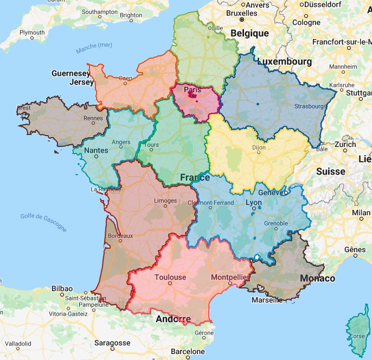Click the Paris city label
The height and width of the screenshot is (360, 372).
tap(193, 89)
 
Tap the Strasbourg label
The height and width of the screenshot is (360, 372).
tap(309, 106)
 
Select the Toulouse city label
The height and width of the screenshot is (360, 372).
tap(170, 277)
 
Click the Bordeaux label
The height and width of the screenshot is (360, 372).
tap(120, 236)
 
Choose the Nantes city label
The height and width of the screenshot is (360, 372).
tap(96, 150)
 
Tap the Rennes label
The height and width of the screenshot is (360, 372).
tap(93, 118)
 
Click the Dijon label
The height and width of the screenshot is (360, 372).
tap(260, 147)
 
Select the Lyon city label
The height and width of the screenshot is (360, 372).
tap(254, 202)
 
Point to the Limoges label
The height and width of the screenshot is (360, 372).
tap(165, 201)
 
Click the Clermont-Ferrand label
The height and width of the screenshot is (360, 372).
tap(210, 203)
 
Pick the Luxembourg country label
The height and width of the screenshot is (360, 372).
tap(285, 62)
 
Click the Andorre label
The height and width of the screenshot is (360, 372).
tap(173, 318)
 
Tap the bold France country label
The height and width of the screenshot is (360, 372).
tap(195, 177)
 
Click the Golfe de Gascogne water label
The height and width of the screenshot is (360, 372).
tap(43, 222)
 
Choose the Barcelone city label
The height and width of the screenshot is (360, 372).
tap(188, 351)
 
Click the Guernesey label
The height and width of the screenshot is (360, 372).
tap(70, 73)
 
